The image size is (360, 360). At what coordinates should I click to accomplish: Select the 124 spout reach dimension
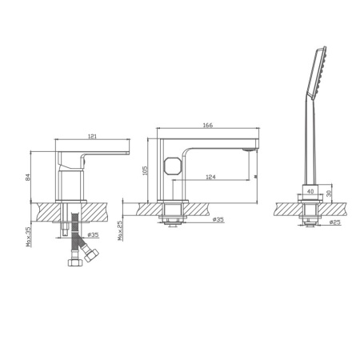(210, 177)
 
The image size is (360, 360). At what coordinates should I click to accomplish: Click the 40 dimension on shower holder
(310, 191)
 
